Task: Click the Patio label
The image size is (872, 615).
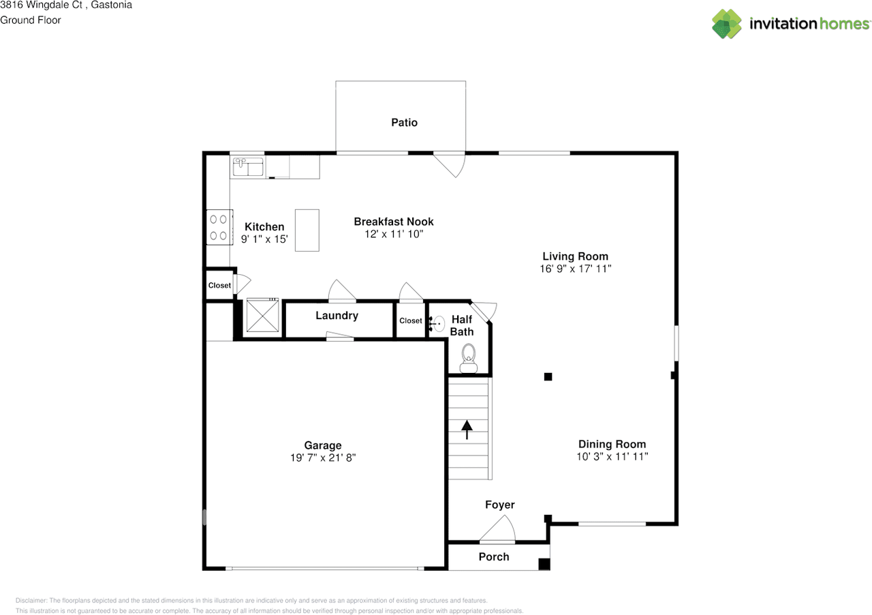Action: click(404, 122)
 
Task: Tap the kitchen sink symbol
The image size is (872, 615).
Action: click(248, 166)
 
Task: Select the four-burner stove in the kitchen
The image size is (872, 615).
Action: click(219, 227)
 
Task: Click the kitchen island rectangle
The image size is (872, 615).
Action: click(307, 230)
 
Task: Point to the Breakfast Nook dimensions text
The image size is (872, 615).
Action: click(394, 234)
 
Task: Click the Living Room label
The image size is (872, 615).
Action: click(576, 256)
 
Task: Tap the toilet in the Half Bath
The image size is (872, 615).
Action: click(468, 358)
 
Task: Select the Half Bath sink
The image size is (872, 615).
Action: click(437, 323)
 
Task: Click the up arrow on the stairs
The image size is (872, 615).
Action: click(467, 430)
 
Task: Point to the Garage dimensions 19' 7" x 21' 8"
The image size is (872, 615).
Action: click(323, 457)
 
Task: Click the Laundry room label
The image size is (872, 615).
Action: click(337, 315)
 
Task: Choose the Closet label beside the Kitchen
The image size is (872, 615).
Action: click(219, 285)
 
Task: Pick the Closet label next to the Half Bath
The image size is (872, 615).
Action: click(411, 320)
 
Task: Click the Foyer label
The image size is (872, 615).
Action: click(500, 505)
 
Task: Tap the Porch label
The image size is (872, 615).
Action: click(494, 557)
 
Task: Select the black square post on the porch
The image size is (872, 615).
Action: click(544, 565)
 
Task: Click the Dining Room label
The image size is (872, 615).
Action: click(612, 445)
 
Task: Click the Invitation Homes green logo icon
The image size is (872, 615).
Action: click(726, 24)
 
